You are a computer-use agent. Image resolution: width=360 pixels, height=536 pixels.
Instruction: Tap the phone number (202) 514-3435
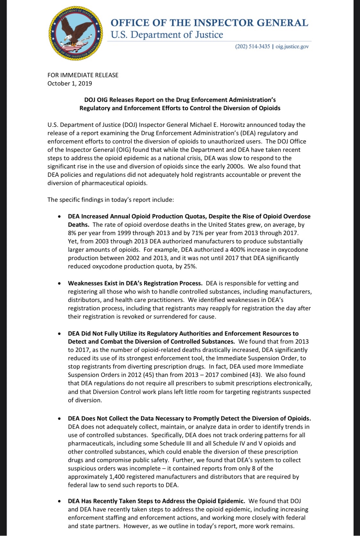(252, 46)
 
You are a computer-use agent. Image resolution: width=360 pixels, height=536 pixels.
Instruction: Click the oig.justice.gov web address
(292, 46)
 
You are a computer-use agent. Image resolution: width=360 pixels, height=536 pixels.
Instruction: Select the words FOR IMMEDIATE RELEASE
(83, 75)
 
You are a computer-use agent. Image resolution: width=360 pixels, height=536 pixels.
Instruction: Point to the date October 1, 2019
(70, 84)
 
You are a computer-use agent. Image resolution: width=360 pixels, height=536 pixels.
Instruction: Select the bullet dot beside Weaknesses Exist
(59, 284)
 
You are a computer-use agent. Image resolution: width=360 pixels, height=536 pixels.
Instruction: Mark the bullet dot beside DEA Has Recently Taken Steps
(59, 501)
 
